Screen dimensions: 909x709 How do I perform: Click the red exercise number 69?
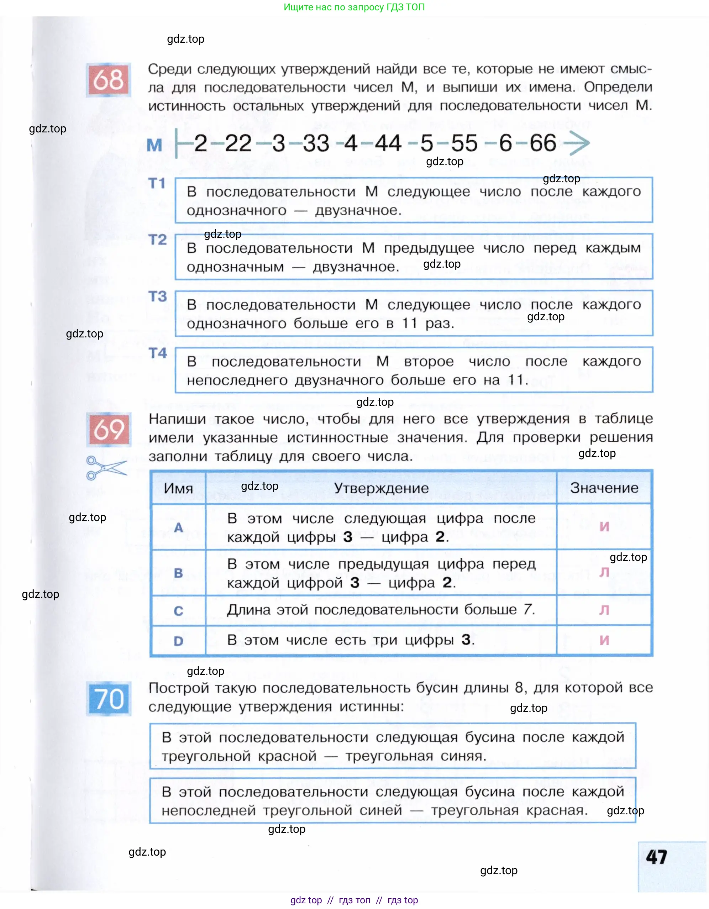[x=108, y=429]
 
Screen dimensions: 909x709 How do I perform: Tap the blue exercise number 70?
[x=109, y=698]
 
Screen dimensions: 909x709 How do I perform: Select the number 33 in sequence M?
[x=316, y=143]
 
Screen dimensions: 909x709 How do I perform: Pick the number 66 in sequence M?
[x=543, y=143]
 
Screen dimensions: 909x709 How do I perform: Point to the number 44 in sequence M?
[x=388, y=143]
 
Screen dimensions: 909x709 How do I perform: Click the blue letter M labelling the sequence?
[x=154, y=145]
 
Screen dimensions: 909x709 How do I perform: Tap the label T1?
[x=157, y=183]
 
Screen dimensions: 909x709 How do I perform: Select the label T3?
[x=157, y=296]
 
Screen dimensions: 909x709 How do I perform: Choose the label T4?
[x=157, y=353]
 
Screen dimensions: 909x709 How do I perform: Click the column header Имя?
[x=178, y=488]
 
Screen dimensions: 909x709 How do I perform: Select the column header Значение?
[x=604, y=488]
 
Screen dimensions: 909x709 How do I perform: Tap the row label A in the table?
[x=179, y=528]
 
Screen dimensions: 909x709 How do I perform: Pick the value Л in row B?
[x=604, y=573]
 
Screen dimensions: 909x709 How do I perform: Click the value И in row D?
[x=604, y=640]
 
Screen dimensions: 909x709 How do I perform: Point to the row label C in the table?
[x=179, y=611]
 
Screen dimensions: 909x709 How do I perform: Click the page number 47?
[x=657, y=857]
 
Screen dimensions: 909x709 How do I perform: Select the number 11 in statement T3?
[x=409, y=324]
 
